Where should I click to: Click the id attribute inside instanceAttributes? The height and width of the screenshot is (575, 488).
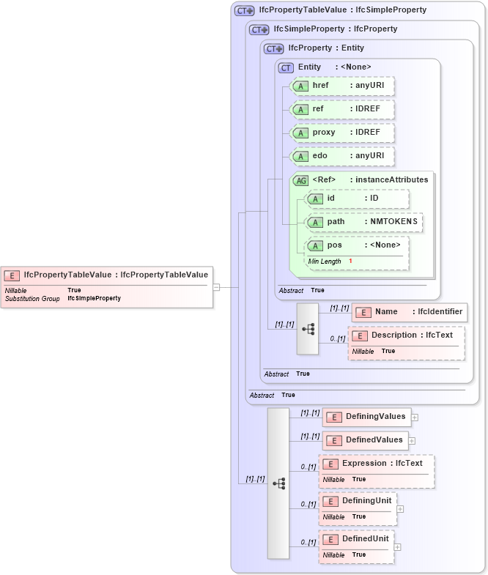[x=358, y=199]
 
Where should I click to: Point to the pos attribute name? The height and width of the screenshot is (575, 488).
[x=335, y=245]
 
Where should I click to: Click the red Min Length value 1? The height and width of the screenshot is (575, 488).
[x=350, y=261]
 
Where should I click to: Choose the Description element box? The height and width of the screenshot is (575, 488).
[x=406, y=335]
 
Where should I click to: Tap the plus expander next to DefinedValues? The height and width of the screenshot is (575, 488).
[x=412, y=441]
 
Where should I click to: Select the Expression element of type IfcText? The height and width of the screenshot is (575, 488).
[x=376, y=464]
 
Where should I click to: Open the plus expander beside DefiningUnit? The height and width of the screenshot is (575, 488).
[x=400, y=508]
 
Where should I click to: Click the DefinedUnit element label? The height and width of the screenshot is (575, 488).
[x=365, y=538]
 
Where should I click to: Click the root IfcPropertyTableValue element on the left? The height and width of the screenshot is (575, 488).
[x=108, y=275]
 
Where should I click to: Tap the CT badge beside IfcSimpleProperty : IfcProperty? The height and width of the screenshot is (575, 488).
[x=259, y=29]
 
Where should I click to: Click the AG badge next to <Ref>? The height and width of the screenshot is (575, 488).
[x=301, y=180]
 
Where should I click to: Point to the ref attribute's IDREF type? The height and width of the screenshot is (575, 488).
[x=363, y=109]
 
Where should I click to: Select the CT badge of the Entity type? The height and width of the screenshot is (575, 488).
[x=286, y=67]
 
